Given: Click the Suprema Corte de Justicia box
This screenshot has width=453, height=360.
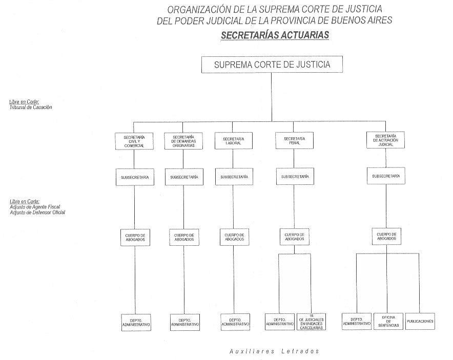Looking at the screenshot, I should click(x=272, y=65).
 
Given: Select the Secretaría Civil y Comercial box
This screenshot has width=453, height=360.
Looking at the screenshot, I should click(x=134, y=141).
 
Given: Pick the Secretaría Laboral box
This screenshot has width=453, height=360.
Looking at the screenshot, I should click(x=233, y=141).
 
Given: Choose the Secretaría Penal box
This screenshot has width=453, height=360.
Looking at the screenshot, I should click(x=294, y=141).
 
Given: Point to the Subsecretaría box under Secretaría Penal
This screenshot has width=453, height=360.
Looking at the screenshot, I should click(x=294, y=177).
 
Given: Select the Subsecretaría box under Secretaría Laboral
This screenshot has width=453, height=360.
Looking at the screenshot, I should click(x=233, y=177).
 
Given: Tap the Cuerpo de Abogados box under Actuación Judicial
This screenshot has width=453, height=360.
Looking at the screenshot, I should click(x=386, y=237).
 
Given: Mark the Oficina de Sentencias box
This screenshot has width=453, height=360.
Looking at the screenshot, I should click(x=388, y=321).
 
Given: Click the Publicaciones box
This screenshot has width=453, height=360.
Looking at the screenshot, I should click(x=420, y=321).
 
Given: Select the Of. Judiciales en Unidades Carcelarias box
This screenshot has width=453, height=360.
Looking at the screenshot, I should click(x=311, y=322).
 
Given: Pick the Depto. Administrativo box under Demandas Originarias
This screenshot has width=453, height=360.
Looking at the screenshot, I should click(x=184, y=322).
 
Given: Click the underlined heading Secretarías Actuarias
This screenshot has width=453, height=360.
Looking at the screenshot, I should click(x=274, y=35).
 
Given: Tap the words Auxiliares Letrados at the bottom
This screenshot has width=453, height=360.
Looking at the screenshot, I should click(x=274, y=351).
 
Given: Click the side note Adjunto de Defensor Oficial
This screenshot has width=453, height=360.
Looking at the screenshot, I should click(x=37, y=212).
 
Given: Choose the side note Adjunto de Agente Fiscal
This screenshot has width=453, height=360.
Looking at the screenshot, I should click(x=34, y=207).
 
